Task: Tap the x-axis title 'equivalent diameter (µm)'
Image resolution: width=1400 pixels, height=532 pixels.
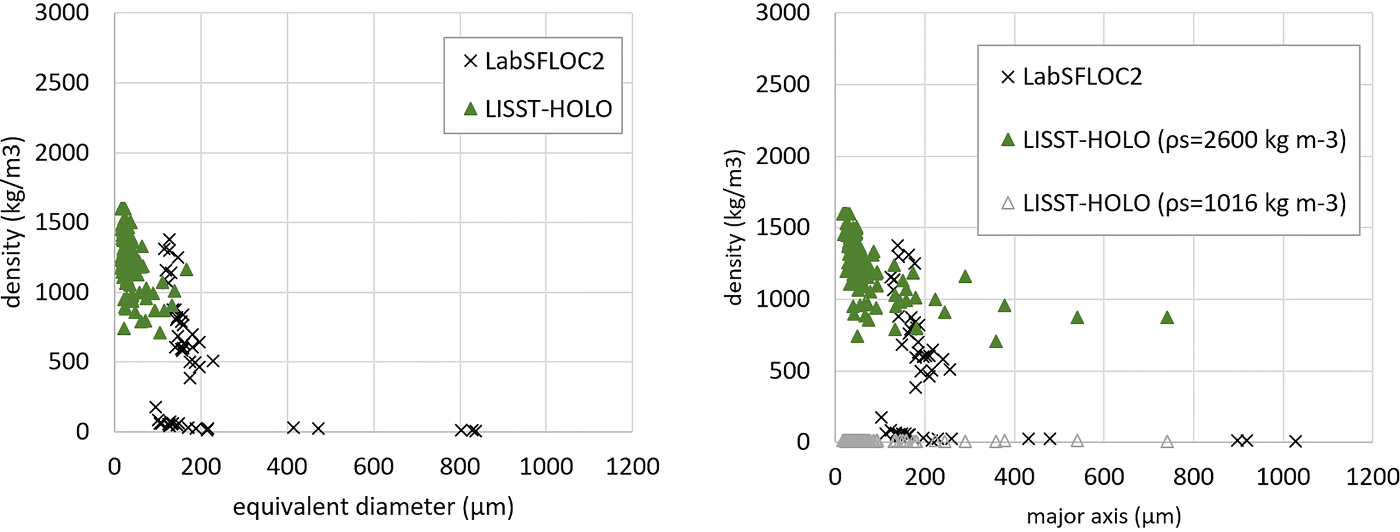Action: click(x=373, y=507)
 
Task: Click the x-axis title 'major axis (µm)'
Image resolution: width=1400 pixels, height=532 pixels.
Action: click(x=1103, y=516)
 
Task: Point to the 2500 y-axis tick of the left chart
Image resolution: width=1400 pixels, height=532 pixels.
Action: click(x=62, y=83)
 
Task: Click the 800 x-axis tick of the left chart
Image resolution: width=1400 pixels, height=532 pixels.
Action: click(x=460, y=466)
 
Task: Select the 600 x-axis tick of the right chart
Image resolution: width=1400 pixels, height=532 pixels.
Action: click(x=1104, y=477)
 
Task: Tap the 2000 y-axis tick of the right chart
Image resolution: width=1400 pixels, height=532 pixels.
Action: click(x=782, y=156)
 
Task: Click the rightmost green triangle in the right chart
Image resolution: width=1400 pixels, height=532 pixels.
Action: click(x=1166, y=318)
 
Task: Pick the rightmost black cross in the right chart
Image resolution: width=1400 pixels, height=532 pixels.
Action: click(x=1295, y=441)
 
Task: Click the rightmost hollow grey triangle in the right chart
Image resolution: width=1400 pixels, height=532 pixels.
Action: click(x=1166, y=442)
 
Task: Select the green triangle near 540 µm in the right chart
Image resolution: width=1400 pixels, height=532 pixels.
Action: click(x=1077, y=318)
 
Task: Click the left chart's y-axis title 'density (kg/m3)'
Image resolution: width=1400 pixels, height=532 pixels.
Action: click(x=12, y=222)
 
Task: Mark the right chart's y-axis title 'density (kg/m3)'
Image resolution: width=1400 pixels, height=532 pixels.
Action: click(x=734, y=228)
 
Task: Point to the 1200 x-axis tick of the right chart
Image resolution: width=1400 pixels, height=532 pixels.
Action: click(x=1372, y=477)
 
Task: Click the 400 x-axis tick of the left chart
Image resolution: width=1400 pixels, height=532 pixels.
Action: click(x=287, y=466)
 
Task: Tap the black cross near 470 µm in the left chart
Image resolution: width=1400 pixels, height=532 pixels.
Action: click(x=318, y=429)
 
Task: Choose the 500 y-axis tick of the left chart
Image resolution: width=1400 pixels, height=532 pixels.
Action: click(x=68, y=362)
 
